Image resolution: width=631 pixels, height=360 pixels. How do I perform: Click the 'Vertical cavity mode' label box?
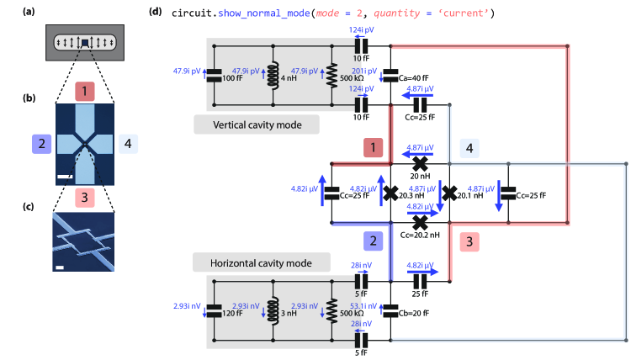pyautogui.click(x=257, y=124)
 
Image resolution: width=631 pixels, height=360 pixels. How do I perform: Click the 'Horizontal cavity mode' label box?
pyautogui.click(x=261, y=262)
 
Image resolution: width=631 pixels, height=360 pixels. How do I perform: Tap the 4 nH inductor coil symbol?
pyautogui.click(x=273, y=75)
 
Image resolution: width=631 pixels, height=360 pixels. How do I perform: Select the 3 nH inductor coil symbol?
pyautogui.click(x=273, y=310)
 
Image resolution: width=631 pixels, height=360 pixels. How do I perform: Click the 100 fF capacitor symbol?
pyautogui.click(x=214, y=75)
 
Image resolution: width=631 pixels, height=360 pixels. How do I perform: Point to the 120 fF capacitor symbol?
pyautogui.click(x=214, y=310)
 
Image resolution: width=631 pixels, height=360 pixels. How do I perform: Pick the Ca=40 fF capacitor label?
pyautogui.click(x=413, y=78)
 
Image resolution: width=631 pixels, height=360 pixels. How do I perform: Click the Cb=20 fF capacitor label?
pyautogui.click(x=414, y=314)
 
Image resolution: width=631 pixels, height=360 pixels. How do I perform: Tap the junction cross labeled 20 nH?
pyautogui.click(x=420, y=164)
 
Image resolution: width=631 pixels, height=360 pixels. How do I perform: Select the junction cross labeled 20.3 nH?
pyautogui.click(x=390, y=193)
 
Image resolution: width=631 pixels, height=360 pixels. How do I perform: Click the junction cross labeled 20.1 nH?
pyautogui.click(x=449, y=193)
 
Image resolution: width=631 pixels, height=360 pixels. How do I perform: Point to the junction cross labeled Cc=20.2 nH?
pyautogui.click(x=420, y=222)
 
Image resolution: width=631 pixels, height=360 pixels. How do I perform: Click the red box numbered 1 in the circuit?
pyautogui.click(x=373, y=148)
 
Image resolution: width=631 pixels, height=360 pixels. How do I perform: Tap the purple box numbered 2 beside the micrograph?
pyautogui.click(x=41, y=144)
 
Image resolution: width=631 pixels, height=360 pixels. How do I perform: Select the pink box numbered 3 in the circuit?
pyautogui.click(x=469, y=241)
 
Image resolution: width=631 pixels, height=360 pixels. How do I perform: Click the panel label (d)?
pyautogui.click(x=156, y=11)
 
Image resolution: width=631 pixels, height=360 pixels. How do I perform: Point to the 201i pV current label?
pyautogui.click(x=364, y=71)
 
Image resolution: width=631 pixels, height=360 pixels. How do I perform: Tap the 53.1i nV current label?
pyautogui.click(x=363, y=306)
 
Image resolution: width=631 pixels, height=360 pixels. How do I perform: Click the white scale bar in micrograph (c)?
pyautogui.click(x=60, y=267)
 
